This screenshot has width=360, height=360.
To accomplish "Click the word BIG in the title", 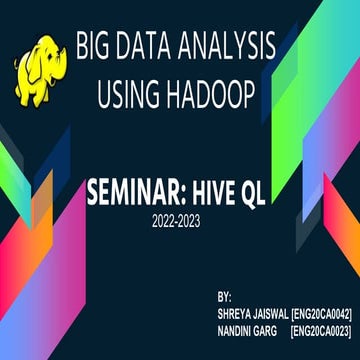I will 96,46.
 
